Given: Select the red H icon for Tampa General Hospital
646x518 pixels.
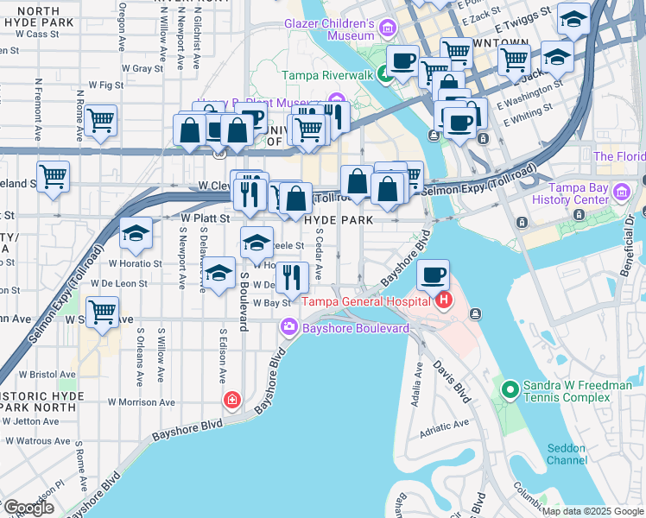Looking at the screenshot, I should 444,300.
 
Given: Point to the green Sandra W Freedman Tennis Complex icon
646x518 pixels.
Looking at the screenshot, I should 509,391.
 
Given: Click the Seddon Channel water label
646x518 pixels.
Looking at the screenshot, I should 566,454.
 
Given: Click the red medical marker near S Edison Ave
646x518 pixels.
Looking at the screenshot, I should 231,399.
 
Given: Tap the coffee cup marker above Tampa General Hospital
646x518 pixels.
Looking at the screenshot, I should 434,275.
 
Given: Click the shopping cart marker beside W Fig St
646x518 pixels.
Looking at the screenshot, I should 101,121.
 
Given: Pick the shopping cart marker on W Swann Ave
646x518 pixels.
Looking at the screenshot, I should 103,311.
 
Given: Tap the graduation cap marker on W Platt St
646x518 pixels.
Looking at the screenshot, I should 135,233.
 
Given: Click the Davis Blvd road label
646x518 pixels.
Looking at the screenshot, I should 452,382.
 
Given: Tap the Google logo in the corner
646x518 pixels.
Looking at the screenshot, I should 28,508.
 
